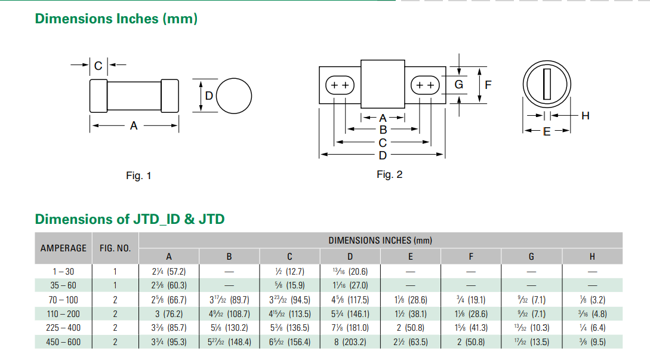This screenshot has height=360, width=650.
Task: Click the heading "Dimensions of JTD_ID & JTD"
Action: (130, 219)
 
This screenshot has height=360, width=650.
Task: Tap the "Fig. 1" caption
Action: (138, 176)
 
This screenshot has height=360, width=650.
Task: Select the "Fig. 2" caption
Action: (390, 174)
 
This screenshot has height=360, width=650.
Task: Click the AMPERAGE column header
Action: (63, 248)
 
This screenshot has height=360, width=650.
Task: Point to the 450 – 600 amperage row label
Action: (63, 342)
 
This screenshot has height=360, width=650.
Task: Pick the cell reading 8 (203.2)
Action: (350, 342)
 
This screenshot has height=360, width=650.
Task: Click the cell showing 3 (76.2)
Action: (169, 314)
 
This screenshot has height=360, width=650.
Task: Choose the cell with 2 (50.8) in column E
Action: (411, 328)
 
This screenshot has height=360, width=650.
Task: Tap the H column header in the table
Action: (592, 257)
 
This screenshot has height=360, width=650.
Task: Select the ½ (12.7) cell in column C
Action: (289, 272)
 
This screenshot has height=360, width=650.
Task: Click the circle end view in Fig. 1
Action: (234, 96)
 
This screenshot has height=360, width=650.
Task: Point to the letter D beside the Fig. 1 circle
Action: (209, 96)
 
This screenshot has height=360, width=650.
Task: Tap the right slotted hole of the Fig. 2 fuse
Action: (425, 85)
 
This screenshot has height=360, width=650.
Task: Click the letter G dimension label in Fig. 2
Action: (458, 85)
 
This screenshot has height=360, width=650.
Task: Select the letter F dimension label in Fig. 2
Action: (488, 85)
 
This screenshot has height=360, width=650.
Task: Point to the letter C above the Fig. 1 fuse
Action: (98, 65)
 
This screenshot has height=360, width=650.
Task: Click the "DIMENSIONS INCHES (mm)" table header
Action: (380, 240)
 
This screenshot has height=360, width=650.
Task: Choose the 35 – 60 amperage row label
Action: (63, 285)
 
